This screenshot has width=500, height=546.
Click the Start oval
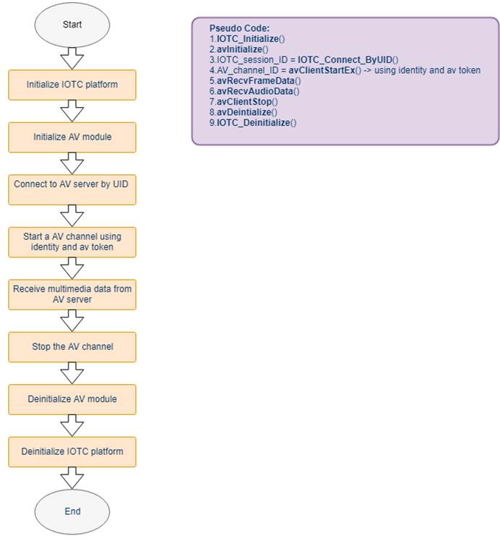pos(72,25)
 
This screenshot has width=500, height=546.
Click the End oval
pos(72,511)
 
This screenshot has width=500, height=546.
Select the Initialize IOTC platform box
pos(72,85)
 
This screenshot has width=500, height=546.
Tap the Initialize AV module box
pos(72,137)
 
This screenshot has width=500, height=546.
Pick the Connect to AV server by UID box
pos(72,189)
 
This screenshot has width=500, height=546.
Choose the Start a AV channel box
pos(72,242)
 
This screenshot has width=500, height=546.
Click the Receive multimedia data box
pos(72,294)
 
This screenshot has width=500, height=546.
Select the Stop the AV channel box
pos(72,347)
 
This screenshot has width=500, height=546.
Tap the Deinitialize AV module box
pos(72,399)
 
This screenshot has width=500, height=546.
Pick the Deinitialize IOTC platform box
pos(72,452)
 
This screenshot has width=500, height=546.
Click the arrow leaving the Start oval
pos(72,59)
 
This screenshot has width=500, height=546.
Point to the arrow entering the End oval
pos(72,478)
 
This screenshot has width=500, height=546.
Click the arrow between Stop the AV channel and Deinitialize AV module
pos(72,373)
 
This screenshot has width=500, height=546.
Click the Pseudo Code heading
pos(239,28)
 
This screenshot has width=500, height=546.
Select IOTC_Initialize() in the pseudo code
pos(251,38)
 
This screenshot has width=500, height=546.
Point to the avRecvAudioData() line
pos(254,91)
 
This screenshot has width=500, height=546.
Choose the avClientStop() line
pos(243,102)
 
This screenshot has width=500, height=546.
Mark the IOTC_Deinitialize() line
pos(253,122)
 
